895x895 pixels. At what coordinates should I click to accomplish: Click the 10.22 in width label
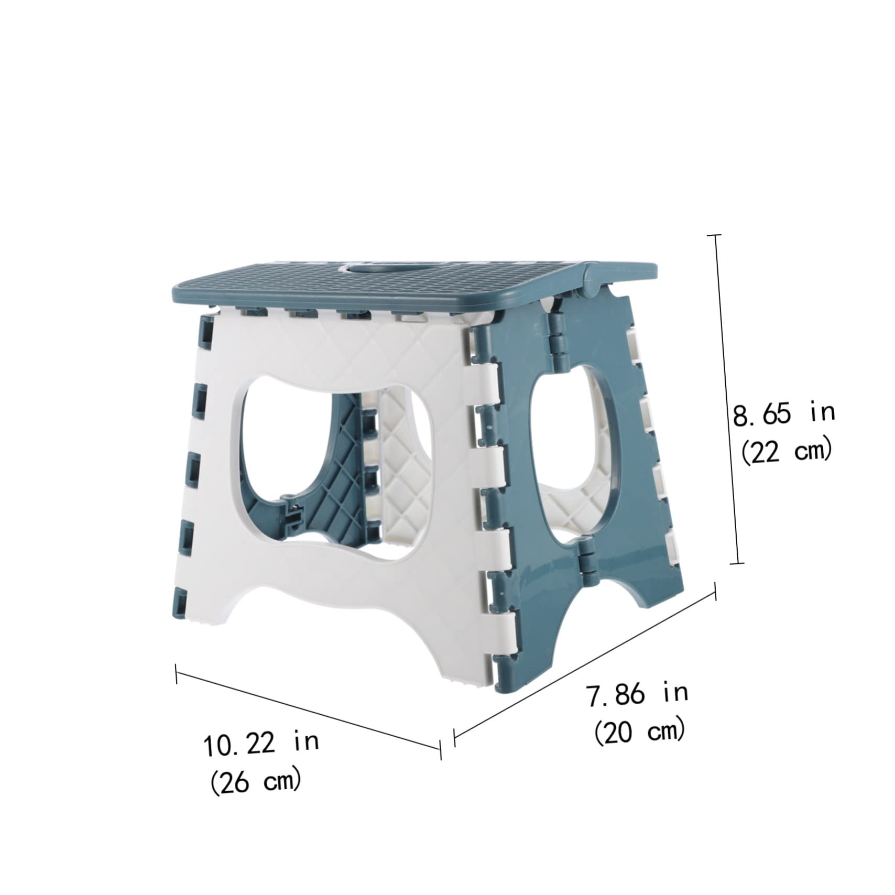(x=261, y=744)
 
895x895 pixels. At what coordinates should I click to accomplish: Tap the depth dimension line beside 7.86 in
(x=584, y=661)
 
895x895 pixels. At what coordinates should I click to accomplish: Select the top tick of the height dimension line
(x=715, y=236)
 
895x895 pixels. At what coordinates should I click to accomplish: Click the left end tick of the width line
(x=177, y=674)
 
